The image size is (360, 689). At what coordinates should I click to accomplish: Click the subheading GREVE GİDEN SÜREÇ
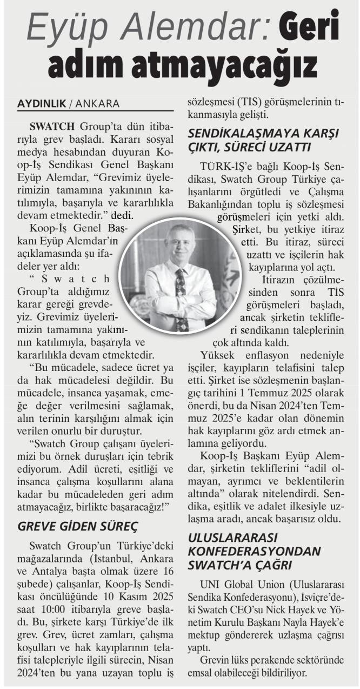click(78, 526)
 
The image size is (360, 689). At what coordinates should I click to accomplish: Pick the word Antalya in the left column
click(49, 571)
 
